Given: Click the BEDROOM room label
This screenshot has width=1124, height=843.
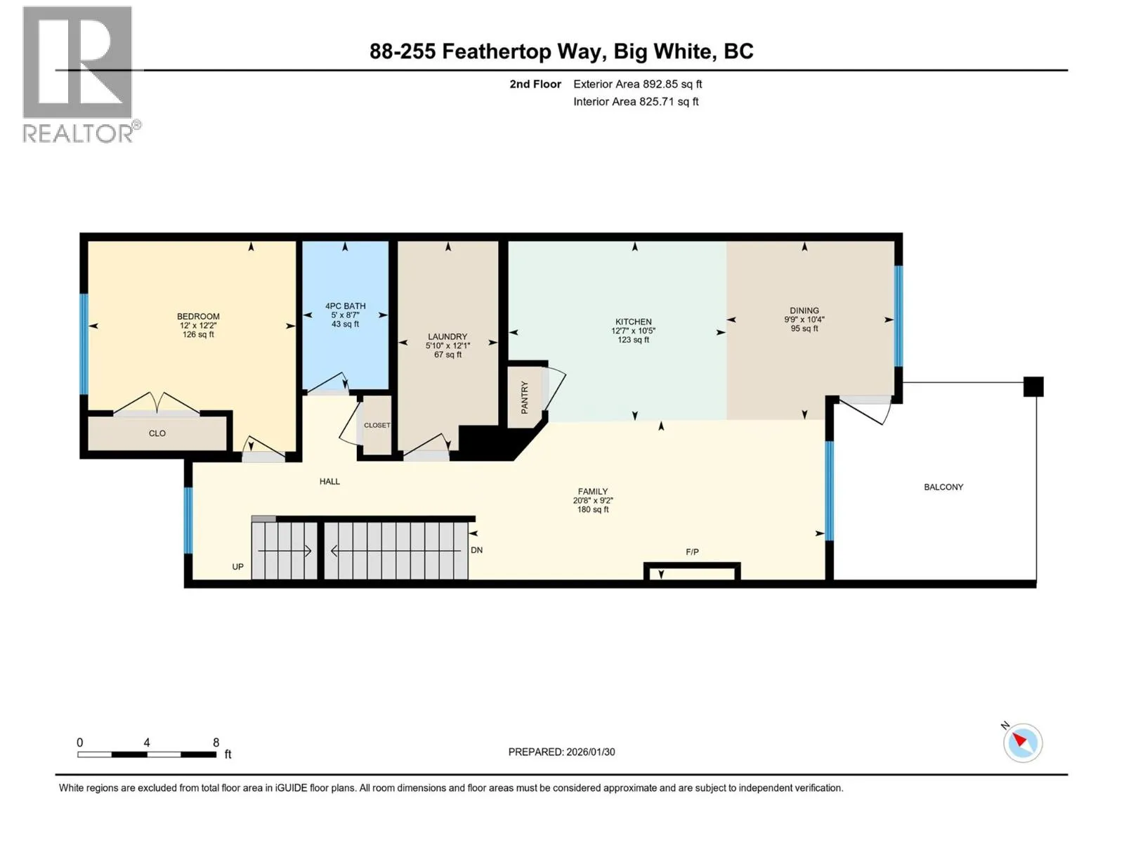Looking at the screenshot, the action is point(198,316).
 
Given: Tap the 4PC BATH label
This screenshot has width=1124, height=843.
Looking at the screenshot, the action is point(345,306).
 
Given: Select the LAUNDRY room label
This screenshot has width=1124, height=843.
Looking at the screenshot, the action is point(447,336).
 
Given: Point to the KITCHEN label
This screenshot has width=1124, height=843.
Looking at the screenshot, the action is point(634,322).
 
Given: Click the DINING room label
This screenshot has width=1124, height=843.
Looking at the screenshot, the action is point(804,311).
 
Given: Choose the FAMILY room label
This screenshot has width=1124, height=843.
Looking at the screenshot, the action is point(593,491).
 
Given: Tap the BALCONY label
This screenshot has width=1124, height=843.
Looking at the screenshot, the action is point(943,488).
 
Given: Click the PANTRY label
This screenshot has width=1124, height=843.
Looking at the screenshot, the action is point(524,397).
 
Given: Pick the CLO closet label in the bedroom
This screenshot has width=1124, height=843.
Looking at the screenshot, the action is point(157,433).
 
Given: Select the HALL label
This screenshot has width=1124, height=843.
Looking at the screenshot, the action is point(329,482).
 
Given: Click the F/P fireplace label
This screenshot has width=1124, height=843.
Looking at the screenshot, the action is point(693,551).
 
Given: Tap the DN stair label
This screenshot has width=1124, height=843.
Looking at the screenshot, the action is point(477,550).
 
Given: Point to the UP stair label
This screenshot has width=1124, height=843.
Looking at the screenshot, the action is point(237,567).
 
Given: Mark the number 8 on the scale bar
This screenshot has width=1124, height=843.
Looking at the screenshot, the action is point(216,742).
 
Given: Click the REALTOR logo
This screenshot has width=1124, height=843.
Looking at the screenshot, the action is point(80,74).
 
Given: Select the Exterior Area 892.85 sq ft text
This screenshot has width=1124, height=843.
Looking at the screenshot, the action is point(638,84).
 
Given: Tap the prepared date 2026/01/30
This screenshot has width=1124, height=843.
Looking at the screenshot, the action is point(590,752).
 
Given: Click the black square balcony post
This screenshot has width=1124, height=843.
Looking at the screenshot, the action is point(1033,386).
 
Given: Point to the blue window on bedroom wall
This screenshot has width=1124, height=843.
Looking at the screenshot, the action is point(84,344).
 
